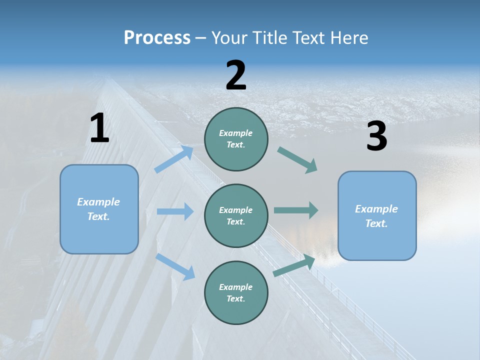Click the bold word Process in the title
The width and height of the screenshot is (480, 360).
157,38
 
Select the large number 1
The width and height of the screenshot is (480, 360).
99,128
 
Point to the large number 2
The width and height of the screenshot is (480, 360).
236,75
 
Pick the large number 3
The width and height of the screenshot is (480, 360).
376,137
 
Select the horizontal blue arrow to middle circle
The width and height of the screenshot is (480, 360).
175,211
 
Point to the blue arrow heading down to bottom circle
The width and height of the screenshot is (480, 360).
175,266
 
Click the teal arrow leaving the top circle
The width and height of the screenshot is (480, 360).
297,160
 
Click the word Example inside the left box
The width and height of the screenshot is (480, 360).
98,202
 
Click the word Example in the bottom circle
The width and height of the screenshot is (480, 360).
235,287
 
